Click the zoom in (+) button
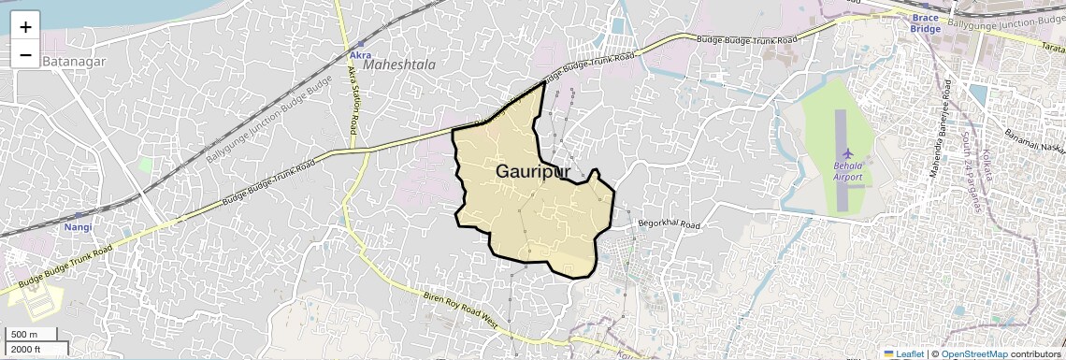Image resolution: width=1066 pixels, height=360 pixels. pos(25,26)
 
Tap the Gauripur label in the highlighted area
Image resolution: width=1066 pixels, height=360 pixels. pos(533,171)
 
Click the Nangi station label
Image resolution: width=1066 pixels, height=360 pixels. pos(77,227)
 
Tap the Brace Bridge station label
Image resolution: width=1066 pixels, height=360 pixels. pos(925,22)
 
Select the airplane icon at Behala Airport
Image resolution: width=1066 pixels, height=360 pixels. pos(848,152)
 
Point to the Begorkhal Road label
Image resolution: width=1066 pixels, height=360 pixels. pos(669,224)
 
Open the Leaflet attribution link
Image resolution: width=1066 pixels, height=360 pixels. pos(903,353)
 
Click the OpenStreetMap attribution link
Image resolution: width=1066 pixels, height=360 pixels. pos(973,353)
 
